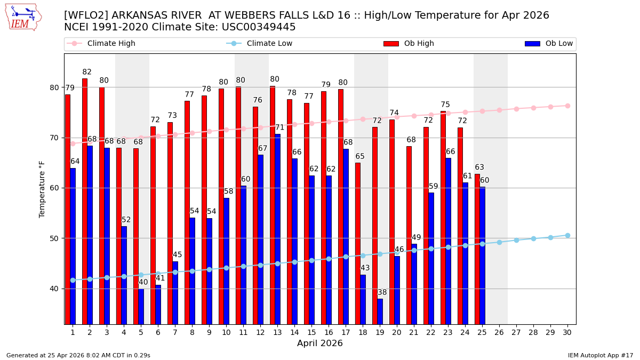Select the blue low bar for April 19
click(380, 311)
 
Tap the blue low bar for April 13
click(278, 229)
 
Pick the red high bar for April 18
click(358, 243)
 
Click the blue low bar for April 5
click(141, 306)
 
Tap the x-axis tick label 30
click(567, 332)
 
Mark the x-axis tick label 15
click(311, 332)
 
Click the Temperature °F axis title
click(43, 189)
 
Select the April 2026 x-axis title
click(320, 343)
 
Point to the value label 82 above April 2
click(87, 72)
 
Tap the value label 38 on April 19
click(382, 292)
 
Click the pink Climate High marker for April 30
click(567, 106)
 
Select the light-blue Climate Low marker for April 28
click(533, 238)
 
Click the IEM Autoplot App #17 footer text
click(601, 355)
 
